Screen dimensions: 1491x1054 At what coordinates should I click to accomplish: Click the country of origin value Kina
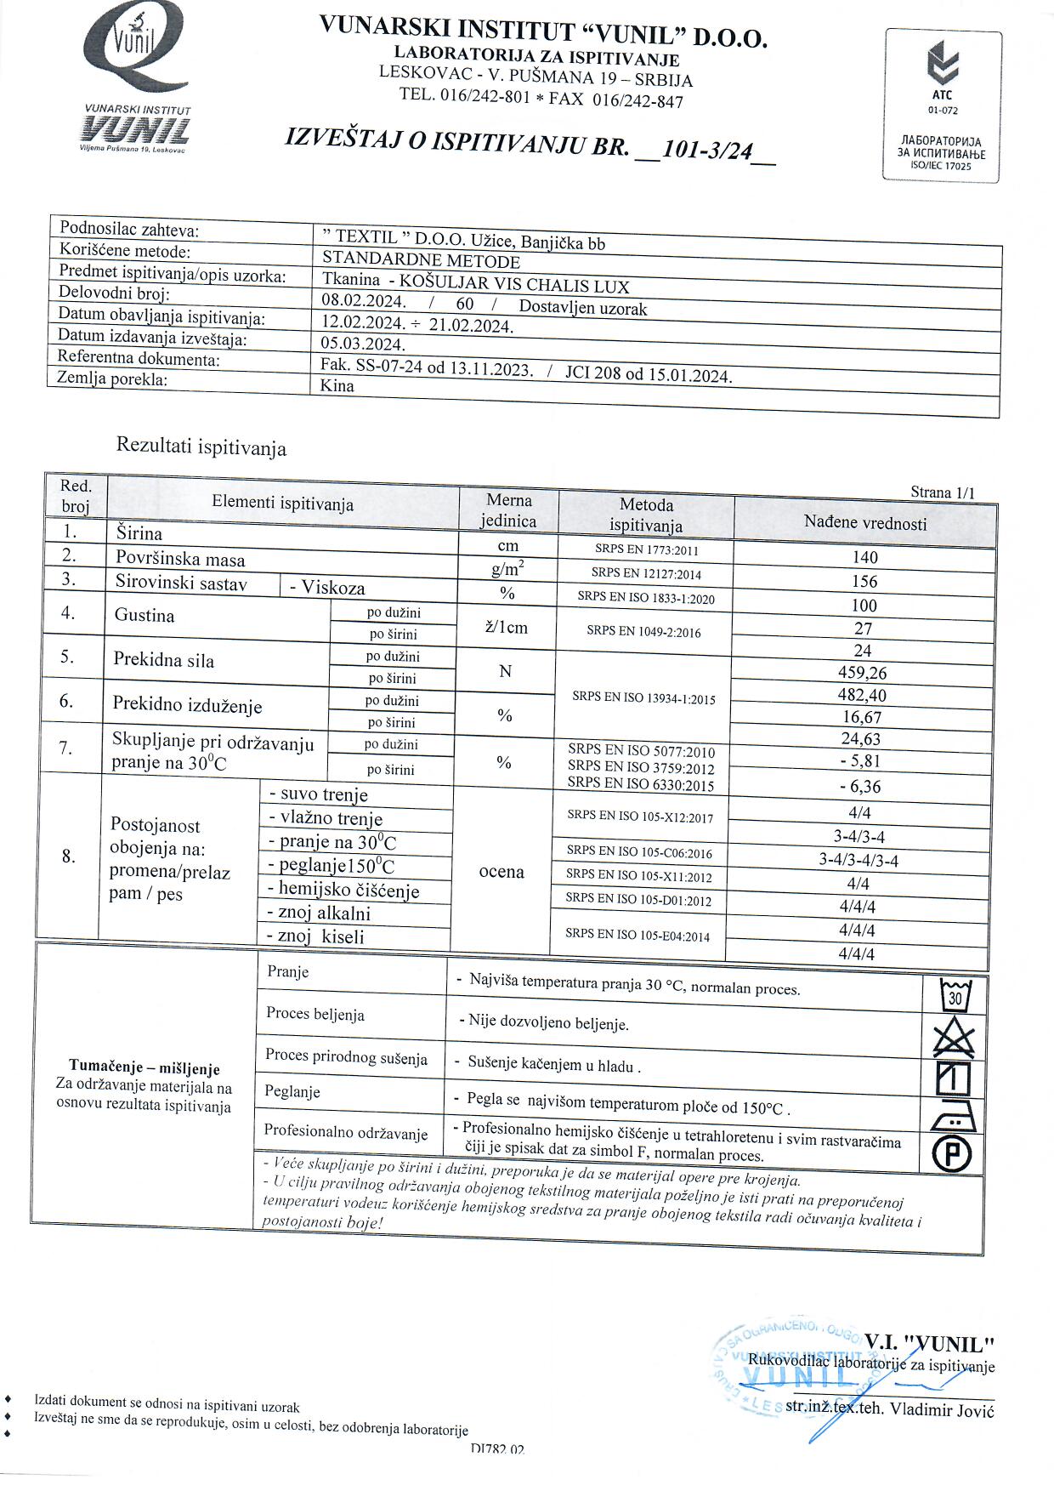[x=337, y=385]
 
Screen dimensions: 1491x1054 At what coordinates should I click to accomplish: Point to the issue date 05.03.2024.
[x=363, y=344]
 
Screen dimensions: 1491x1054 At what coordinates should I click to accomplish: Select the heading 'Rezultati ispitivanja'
[x=201, y=447]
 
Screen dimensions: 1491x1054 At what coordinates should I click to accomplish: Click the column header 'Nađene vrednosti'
[x=865, y=523]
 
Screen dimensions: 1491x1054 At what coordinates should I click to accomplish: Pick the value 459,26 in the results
[x=863, y=673]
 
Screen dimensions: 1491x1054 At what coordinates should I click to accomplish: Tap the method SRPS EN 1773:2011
[x=645, y=549]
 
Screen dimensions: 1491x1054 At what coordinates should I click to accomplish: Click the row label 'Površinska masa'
[x=180, y=559]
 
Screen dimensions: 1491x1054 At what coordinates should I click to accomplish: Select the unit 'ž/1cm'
[x=505, y=628]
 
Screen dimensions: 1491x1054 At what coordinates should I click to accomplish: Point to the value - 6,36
[x=859, y=787]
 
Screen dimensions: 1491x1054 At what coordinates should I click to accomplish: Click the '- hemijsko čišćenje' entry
[x=344, y=891]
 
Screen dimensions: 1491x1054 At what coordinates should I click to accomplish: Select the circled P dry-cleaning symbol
[x=952, y=1154]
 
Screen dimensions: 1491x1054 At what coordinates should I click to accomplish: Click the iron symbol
[x=954, y=1115]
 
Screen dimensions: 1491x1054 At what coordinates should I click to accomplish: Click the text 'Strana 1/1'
[x=942, y=492]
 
